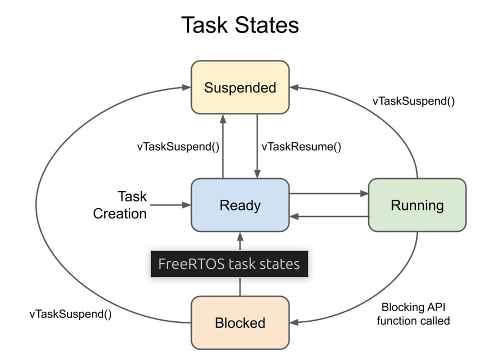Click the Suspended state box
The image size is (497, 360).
point(240,87)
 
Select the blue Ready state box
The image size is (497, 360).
point(240,205)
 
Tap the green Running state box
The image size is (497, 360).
point(417,205)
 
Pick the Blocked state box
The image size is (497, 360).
point(240,322)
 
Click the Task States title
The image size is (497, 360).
point(240,24)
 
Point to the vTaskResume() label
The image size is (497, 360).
point(301,146)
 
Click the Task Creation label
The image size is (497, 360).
point(120,205)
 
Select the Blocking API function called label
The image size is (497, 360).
point(413,314)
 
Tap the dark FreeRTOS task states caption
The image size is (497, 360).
point(229,264)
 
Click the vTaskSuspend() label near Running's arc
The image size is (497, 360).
point(413,101)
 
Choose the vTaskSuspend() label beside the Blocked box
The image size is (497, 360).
point(70,314)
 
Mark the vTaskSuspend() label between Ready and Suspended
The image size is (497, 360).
point(178,146)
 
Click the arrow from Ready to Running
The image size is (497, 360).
point(328,193)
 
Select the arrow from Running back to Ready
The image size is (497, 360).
point(328,216)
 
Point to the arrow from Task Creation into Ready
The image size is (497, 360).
point(170,205)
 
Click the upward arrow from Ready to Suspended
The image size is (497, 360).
point(223,146)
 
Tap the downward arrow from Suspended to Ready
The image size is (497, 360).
point(257,146)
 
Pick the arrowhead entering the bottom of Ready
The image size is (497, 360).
point(240,236)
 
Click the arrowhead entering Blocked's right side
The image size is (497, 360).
point(294,322)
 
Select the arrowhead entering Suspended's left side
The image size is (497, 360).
point(186,87)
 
